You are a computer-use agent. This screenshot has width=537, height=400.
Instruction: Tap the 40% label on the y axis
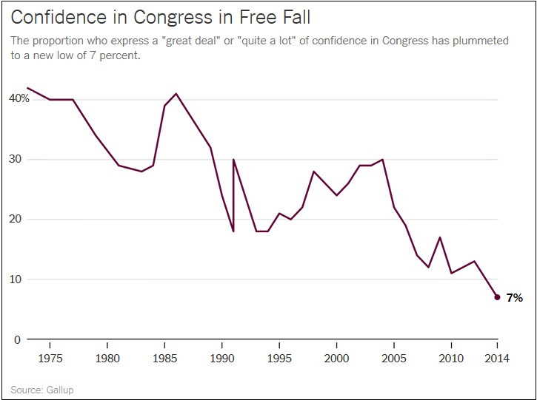click(19, 98)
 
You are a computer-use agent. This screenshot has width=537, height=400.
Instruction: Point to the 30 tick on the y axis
click(16, 159)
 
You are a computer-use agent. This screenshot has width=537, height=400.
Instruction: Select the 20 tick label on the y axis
click(16, 219)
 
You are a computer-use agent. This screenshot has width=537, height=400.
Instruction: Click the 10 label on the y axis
click(16, 279)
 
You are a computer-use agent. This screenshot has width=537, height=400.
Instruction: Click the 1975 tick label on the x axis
click(50, 357)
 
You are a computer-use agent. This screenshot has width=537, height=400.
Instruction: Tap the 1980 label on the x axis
click(107, 357)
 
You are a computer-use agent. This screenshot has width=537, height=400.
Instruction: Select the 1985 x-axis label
click(164, 357)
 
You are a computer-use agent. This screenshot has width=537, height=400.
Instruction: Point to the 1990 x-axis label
click(221, 357)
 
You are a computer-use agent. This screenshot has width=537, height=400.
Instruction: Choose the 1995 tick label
click(279, 357)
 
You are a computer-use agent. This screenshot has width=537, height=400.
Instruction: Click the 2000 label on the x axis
click(336, 357)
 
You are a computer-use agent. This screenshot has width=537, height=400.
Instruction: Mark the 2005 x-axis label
click(394, 357)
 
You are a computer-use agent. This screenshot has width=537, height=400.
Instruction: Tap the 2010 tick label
click(451, 357)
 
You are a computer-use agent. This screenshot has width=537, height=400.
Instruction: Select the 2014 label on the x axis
click(497, 357)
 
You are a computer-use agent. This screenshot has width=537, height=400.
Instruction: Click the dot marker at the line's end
click(497, 297)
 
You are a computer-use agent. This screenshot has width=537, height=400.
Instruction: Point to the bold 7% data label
click(515, 298)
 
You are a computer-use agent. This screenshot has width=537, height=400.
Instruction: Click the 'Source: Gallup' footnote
click(42, 389)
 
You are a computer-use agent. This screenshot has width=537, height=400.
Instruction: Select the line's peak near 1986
click(176, 94)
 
